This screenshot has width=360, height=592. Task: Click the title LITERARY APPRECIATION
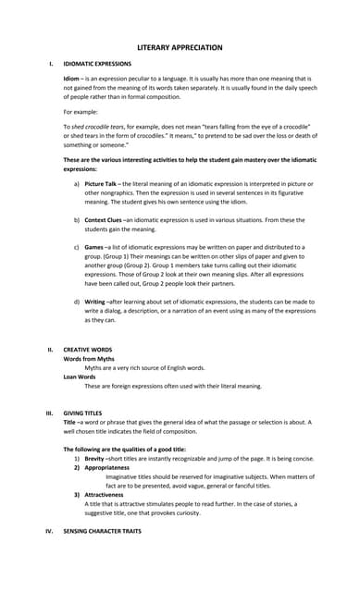pyautogui.click(x=180, y=46)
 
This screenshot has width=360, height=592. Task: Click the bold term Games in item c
pyautogui.click(x=94, y=249)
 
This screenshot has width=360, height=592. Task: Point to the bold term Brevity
pyautogui.click(x=95, y=459)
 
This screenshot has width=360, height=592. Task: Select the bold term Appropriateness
pyautogui.click(x=107, y=467)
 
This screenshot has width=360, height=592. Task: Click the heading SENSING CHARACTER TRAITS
pyautogui.click(x=115, y=531)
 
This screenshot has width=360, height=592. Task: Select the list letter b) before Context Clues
pyautogui.click(x=76, y=220)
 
